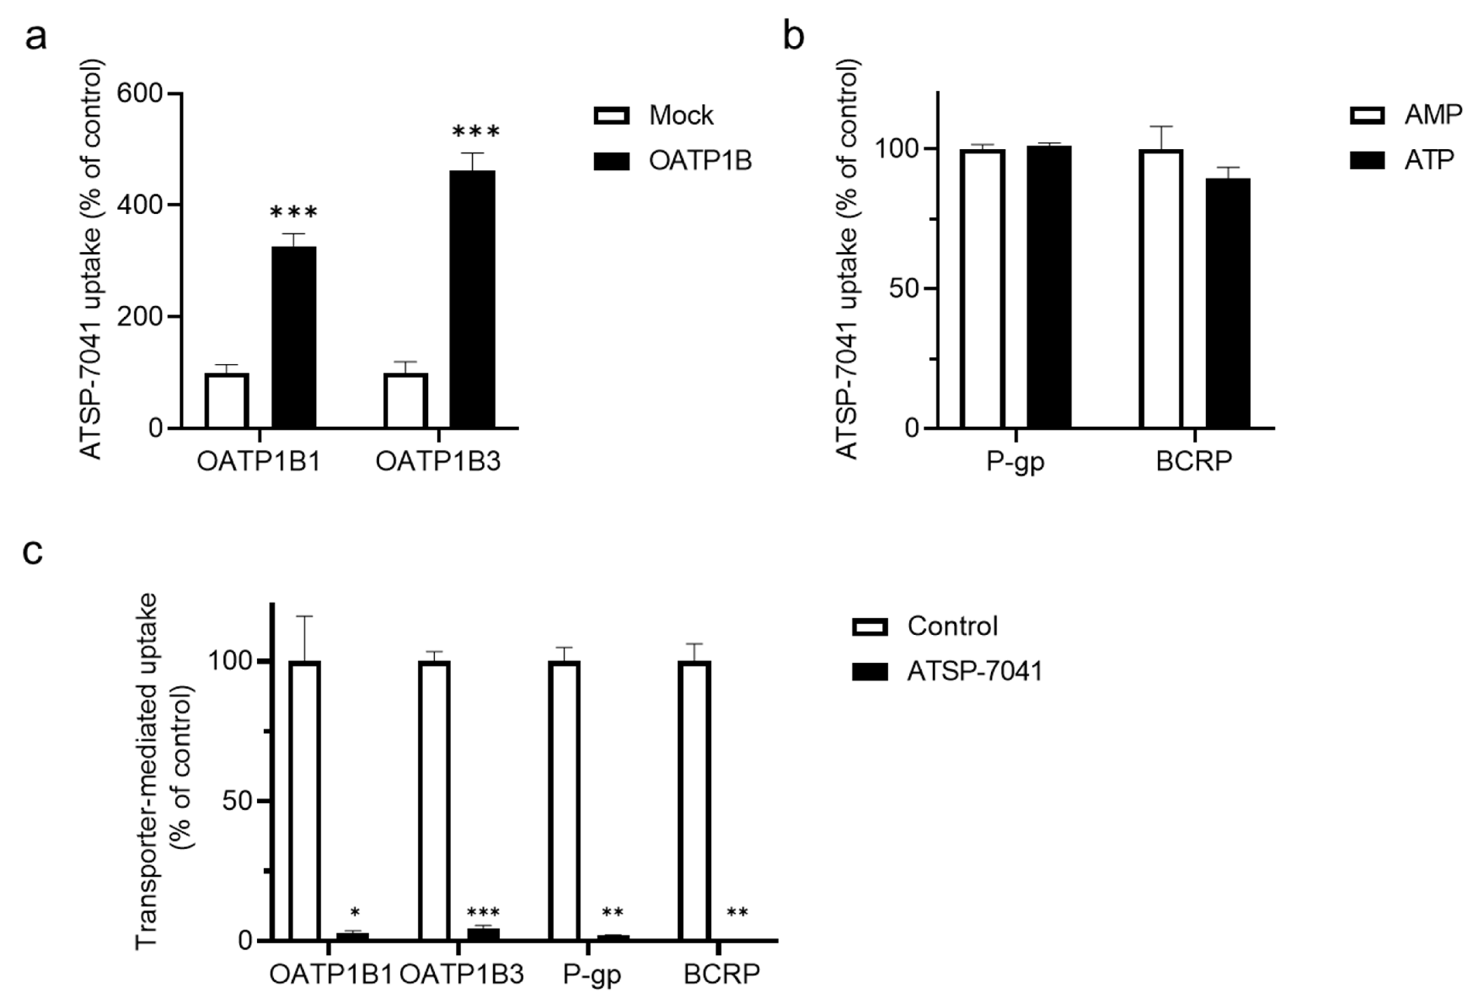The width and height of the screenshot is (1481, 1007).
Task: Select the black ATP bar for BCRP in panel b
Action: [1227, 303]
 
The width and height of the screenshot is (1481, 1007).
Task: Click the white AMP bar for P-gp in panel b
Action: [983, 288]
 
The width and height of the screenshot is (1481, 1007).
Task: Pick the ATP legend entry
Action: [1402, 160]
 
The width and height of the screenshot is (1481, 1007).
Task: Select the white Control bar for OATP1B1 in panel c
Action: [304, 800]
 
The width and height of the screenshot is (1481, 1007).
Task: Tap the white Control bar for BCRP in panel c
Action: [694, 800]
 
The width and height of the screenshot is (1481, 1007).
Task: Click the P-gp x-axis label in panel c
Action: [592, 974]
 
